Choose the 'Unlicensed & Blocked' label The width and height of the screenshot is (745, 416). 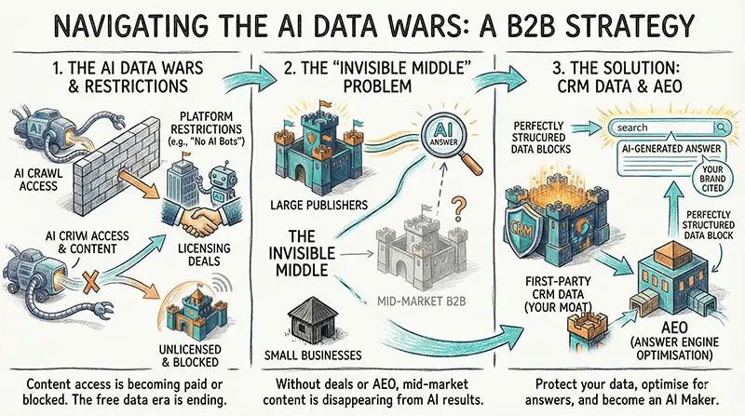point(200,352)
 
